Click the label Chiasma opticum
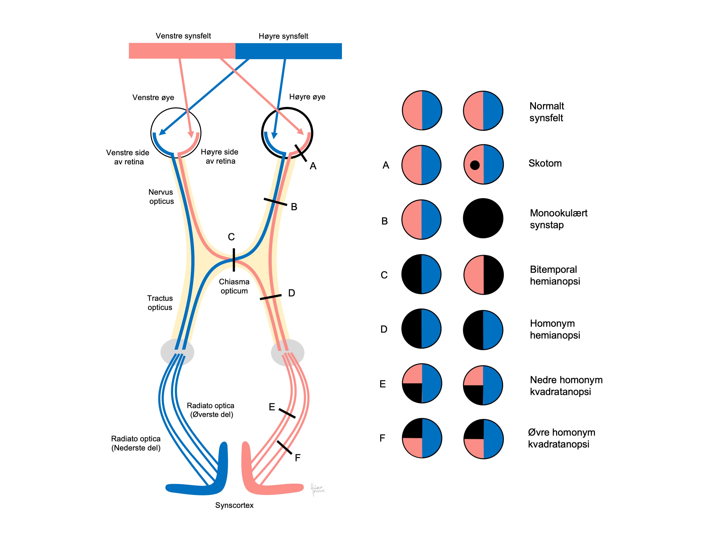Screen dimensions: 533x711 point(234,286)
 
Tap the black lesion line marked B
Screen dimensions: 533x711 point(275,202)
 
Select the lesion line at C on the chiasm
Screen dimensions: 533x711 point(234,260)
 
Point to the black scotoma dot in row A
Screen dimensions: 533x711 point(475,165)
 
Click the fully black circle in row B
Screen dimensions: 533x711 point(483,218)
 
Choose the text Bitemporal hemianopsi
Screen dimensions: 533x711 point(555,275)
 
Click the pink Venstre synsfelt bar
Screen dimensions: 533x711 point(182,51)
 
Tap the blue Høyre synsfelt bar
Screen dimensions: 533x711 point(288,51)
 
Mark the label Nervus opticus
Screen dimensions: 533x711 point(161,197)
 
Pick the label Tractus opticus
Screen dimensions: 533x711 point(160,303)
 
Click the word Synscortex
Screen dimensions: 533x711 point(234,505)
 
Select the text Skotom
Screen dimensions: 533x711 point(545,163)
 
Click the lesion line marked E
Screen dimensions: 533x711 point(287,413)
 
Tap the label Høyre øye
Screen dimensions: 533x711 point(307,97)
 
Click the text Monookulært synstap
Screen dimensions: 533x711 point(558,219)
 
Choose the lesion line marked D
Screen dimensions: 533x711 point(270,297)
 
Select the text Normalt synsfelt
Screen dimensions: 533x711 point(546,112)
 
